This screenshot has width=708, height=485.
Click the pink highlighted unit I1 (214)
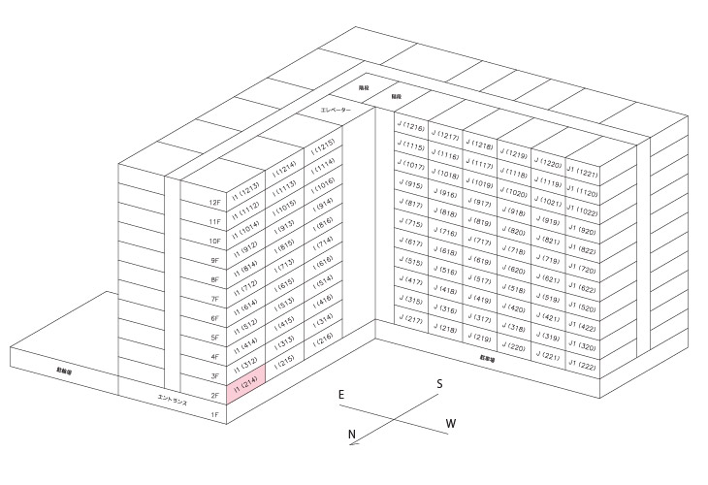(x=245, y=389)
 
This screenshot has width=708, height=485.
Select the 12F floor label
(x=214, y=203)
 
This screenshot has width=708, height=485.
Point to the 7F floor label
(x=214, y=299)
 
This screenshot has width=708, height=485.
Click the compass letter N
(x=353, y=434)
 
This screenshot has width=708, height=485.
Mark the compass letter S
(x=439, y=384)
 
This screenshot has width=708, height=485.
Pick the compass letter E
(x=341, y=395)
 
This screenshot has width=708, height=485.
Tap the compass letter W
(x=451, y=423)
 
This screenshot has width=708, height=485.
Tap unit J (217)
(x=410, y=319)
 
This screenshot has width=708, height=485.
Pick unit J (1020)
(x=515, y=191)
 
